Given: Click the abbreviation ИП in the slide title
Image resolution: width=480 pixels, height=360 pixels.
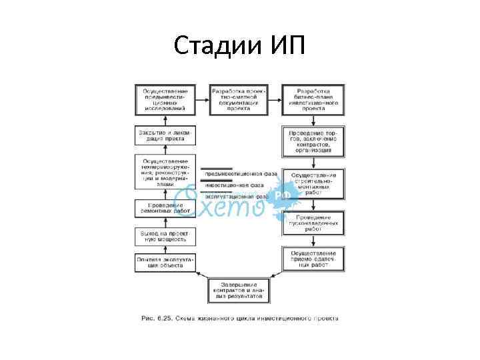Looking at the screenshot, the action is pos(282,46).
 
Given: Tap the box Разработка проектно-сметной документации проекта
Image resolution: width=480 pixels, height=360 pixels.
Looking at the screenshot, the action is pos(239,98).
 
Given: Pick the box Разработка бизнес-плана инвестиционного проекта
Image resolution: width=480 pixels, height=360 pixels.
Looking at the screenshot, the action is pos(313,98).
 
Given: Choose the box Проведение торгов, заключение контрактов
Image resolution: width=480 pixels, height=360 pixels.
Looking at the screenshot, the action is pos(313,141).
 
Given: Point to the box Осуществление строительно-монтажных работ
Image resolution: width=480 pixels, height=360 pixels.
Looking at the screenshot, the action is pos(313,183).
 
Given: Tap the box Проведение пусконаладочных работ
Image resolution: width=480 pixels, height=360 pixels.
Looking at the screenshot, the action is pos(313,221).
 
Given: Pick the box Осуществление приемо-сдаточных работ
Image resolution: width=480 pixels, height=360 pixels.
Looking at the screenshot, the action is pos(313,258).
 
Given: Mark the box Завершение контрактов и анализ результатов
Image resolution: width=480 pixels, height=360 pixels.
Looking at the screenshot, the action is pos(239,290).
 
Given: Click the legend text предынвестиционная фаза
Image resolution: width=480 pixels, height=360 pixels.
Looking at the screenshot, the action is pos(241,173).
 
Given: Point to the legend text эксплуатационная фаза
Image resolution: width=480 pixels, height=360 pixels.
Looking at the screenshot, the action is pos(236,197).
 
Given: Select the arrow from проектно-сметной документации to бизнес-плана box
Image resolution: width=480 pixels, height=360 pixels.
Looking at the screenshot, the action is pos(276,98).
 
